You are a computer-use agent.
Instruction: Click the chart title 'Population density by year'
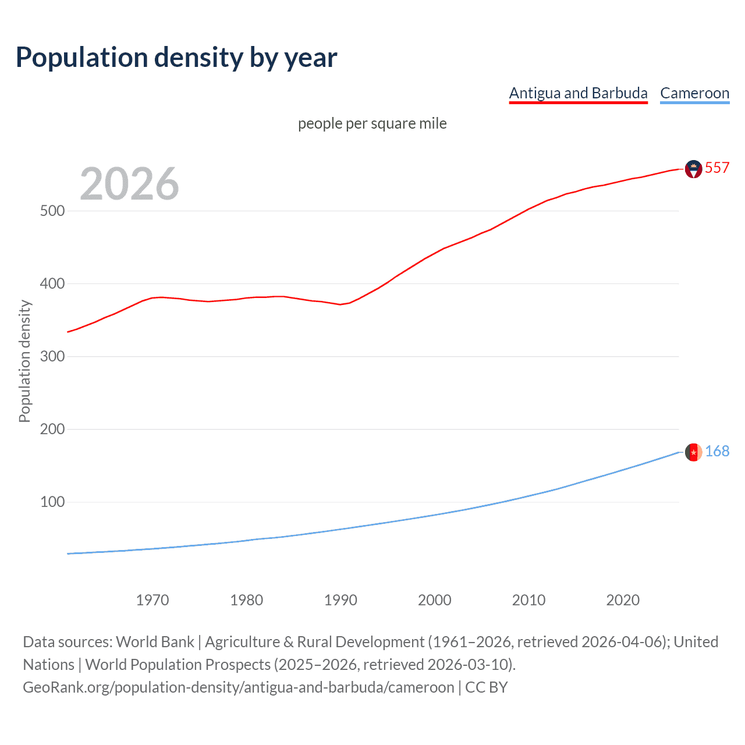pos(176,58)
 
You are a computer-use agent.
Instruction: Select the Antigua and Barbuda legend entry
pos(578,93)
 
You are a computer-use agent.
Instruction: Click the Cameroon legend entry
pos(694,93)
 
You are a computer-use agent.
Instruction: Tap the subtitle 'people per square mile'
pos(372,123)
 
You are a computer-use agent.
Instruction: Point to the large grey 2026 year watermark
pos(129,184)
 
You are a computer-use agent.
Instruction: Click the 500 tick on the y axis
pos(52,211)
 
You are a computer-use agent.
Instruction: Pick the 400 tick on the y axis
pos(52,283)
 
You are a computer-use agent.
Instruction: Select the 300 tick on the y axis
pos(52,356)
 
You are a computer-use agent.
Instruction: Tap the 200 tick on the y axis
pos(52,429)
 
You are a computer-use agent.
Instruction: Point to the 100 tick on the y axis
pos(52,502)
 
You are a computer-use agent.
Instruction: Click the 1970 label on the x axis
pos(152,600)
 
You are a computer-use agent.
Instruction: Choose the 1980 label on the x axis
pos(246,600)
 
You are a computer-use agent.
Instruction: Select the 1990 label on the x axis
pos(340,600)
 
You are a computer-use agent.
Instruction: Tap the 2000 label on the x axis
pos(435,600)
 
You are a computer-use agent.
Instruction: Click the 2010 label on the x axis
pos(528,600)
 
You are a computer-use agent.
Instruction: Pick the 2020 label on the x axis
pos(623,600)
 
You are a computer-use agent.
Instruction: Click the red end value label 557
pos(717,168)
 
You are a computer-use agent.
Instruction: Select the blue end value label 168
pos(717,452)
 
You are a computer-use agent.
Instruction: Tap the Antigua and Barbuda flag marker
pos(693,169)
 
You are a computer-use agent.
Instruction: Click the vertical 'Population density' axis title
pos(24,361)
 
